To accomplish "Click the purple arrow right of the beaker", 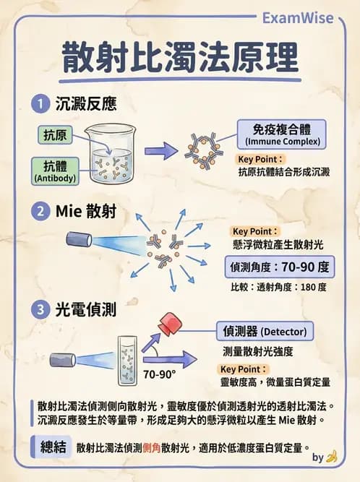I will pos(160,150).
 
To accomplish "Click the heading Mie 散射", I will pos(86,212).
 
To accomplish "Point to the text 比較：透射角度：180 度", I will pos(278,288).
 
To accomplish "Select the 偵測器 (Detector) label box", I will pos(265,332).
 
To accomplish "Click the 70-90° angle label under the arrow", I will pos(159,375).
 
